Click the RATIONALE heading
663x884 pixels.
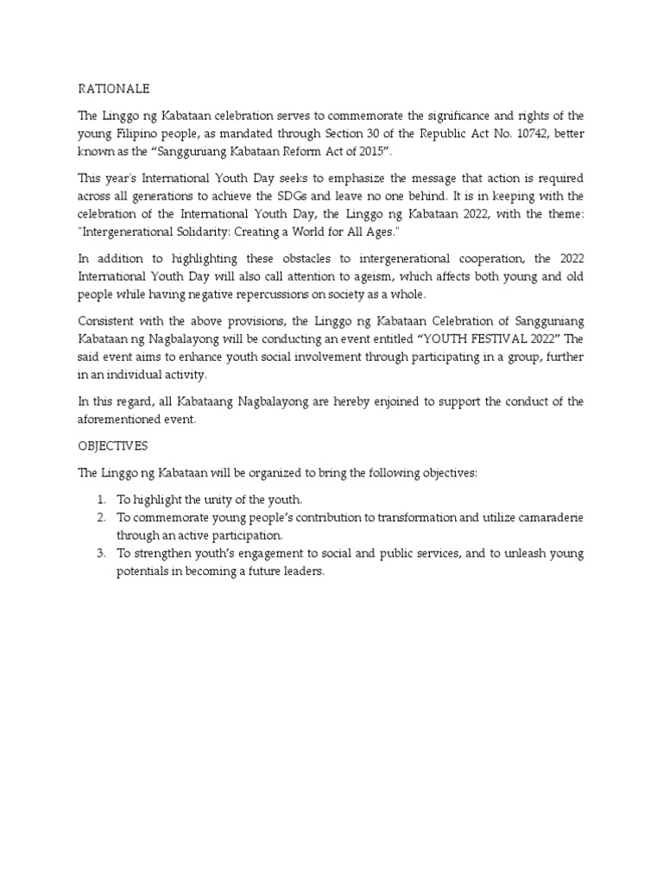114,88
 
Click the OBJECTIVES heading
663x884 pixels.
112,446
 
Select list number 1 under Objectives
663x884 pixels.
101,500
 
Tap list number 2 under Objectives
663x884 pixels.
101,517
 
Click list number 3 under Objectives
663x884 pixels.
101,553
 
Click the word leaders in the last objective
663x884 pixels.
301,572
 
